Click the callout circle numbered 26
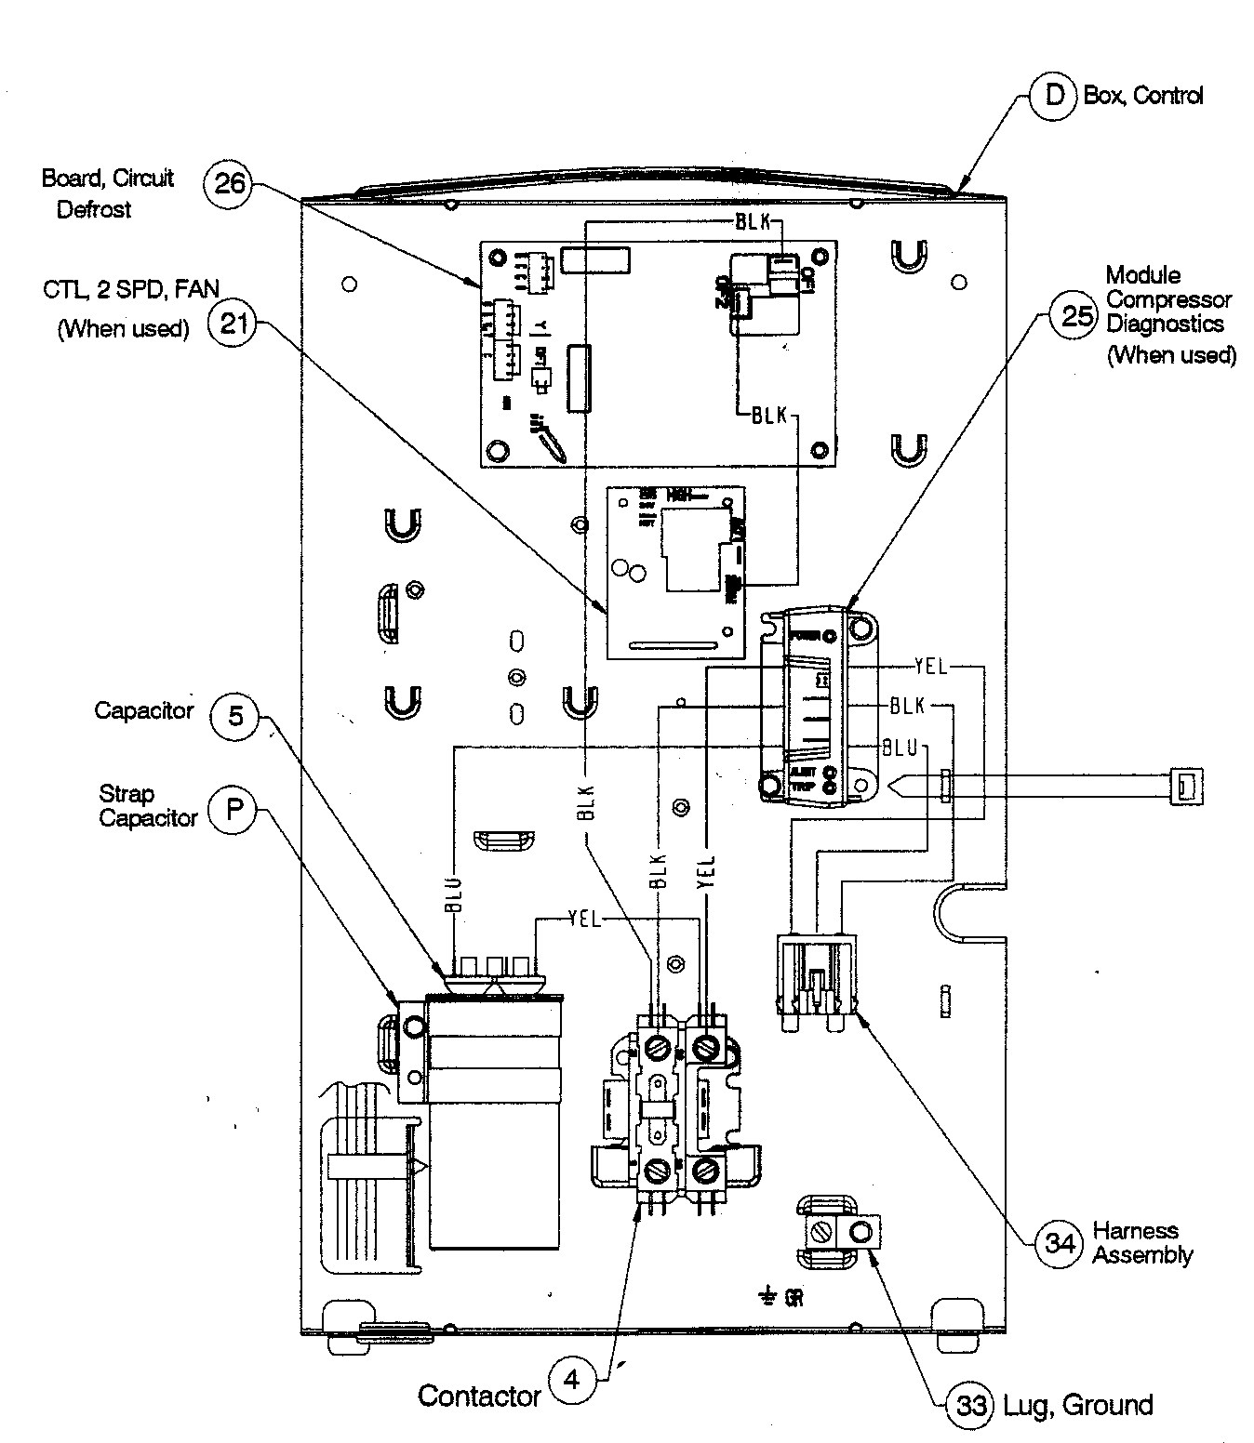[x=229, y=182]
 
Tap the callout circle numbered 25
[x=1076, y=317]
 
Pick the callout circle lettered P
[x=233, y=809]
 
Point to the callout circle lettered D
[x=1054, y=94]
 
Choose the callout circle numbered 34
[x=1060, y=1243]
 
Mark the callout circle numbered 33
[x=971, y=1406]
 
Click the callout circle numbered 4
[x=571, y=1381]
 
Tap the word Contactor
[x=479, y=1396]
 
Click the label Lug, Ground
[x=1078, y=1405]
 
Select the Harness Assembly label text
[x=1141, y=1243]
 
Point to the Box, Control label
[x=1142, y=95]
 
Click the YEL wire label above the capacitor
[x=584, y=920]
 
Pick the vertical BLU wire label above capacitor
[x=453, y=894]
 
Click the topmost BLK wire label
[x=752, y=222]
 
